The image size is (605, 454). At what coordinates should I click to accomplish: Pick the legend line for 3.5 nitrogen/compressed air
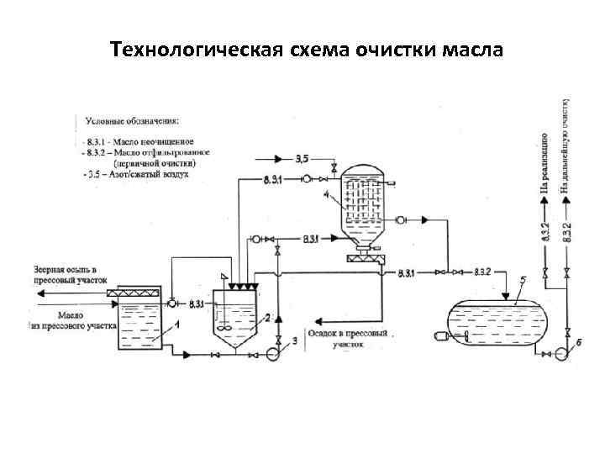[x=139, y=175]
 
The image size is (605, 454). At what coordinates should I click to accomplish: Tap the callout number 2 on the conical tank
[x=268, y=318]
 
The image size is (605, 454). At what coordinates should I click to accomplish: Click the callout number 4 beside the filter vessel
[x=326, y=195]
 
